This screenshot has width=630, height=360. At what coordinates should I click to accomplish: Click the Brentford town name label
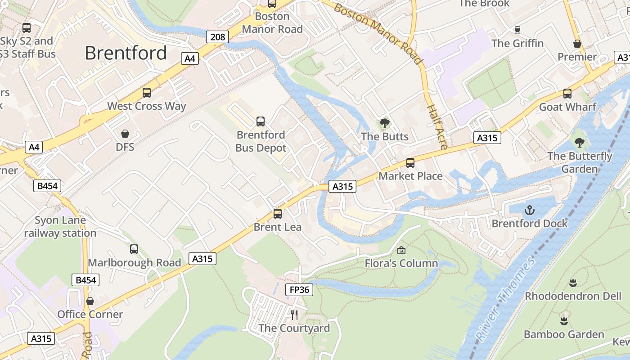126,53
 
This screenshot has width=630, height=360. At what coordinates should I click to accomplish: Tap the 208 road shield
217,37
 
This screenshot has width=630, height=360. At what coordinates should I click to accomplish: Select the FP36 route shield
299,290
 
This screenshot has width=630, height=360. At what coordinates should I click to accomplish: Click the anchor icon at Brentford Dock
530,210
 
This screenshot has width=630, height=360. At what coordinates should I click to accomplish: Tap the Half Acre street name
436,127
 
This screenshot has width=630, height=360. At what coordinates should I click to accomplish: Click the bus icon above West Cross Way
147,93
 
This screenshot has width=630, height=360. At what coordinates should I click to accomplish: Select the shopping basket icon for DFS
125,134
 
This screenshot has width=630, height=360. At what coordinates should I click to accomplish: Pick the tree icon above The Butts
384,123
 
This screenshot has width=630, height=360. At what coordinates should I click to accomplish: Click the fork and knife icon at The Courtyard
294,315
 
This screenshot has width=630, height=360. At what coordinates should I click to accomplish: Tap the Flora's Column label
401,263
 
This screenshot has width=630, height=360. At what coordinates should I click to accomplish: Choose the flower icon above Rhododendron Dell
573,283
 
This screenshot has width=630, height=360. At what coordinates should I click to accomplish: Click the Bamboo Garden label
564,334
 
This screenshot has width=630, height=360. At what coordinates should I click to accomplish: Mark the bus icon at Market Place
410,163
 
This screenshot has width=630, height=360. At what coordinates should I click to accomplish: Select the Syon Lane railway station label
60,227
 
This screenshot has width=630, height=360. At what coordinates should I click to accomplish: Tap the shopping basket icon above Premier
577,44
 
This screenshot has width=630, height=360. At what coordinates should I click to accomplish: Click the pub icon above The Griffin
517,30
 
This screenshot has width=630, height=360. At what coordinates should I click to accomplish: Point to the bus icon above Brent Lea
278,214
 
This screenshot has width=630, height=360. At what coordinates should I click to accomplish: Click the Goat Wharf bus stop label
567,107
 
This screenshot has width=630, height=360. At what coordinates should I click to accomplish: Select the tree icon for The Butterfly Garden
580,143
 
